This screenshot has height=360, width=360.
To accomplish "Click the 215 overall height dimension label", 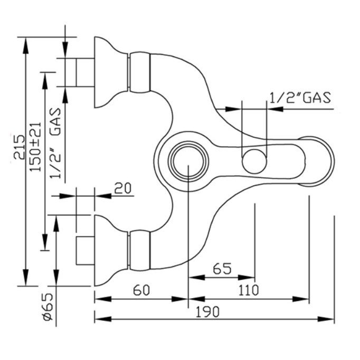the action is tap(19, 147).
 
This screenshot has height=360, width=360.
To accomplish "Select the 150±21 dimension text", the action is tap(35, 147).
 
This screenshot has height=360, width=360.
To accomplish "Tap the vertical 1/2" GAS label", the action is tap(55, 143).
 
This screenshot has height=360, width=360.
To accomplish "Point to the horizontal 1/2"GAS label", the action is tap(300, 97).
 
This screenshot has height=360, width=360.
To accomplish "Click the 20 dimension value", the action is tap(123, 188).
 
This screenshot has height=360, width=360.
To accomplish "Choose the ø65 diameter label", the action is tap(48, 307).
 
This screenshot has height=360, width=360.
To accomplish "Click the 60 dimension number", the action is tap(141, 290).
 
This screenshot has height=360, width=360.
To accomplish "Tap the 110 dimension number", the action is tap(249, 290).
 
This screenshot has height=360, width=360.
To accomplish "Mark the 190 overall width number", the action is tap(207, 311).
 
